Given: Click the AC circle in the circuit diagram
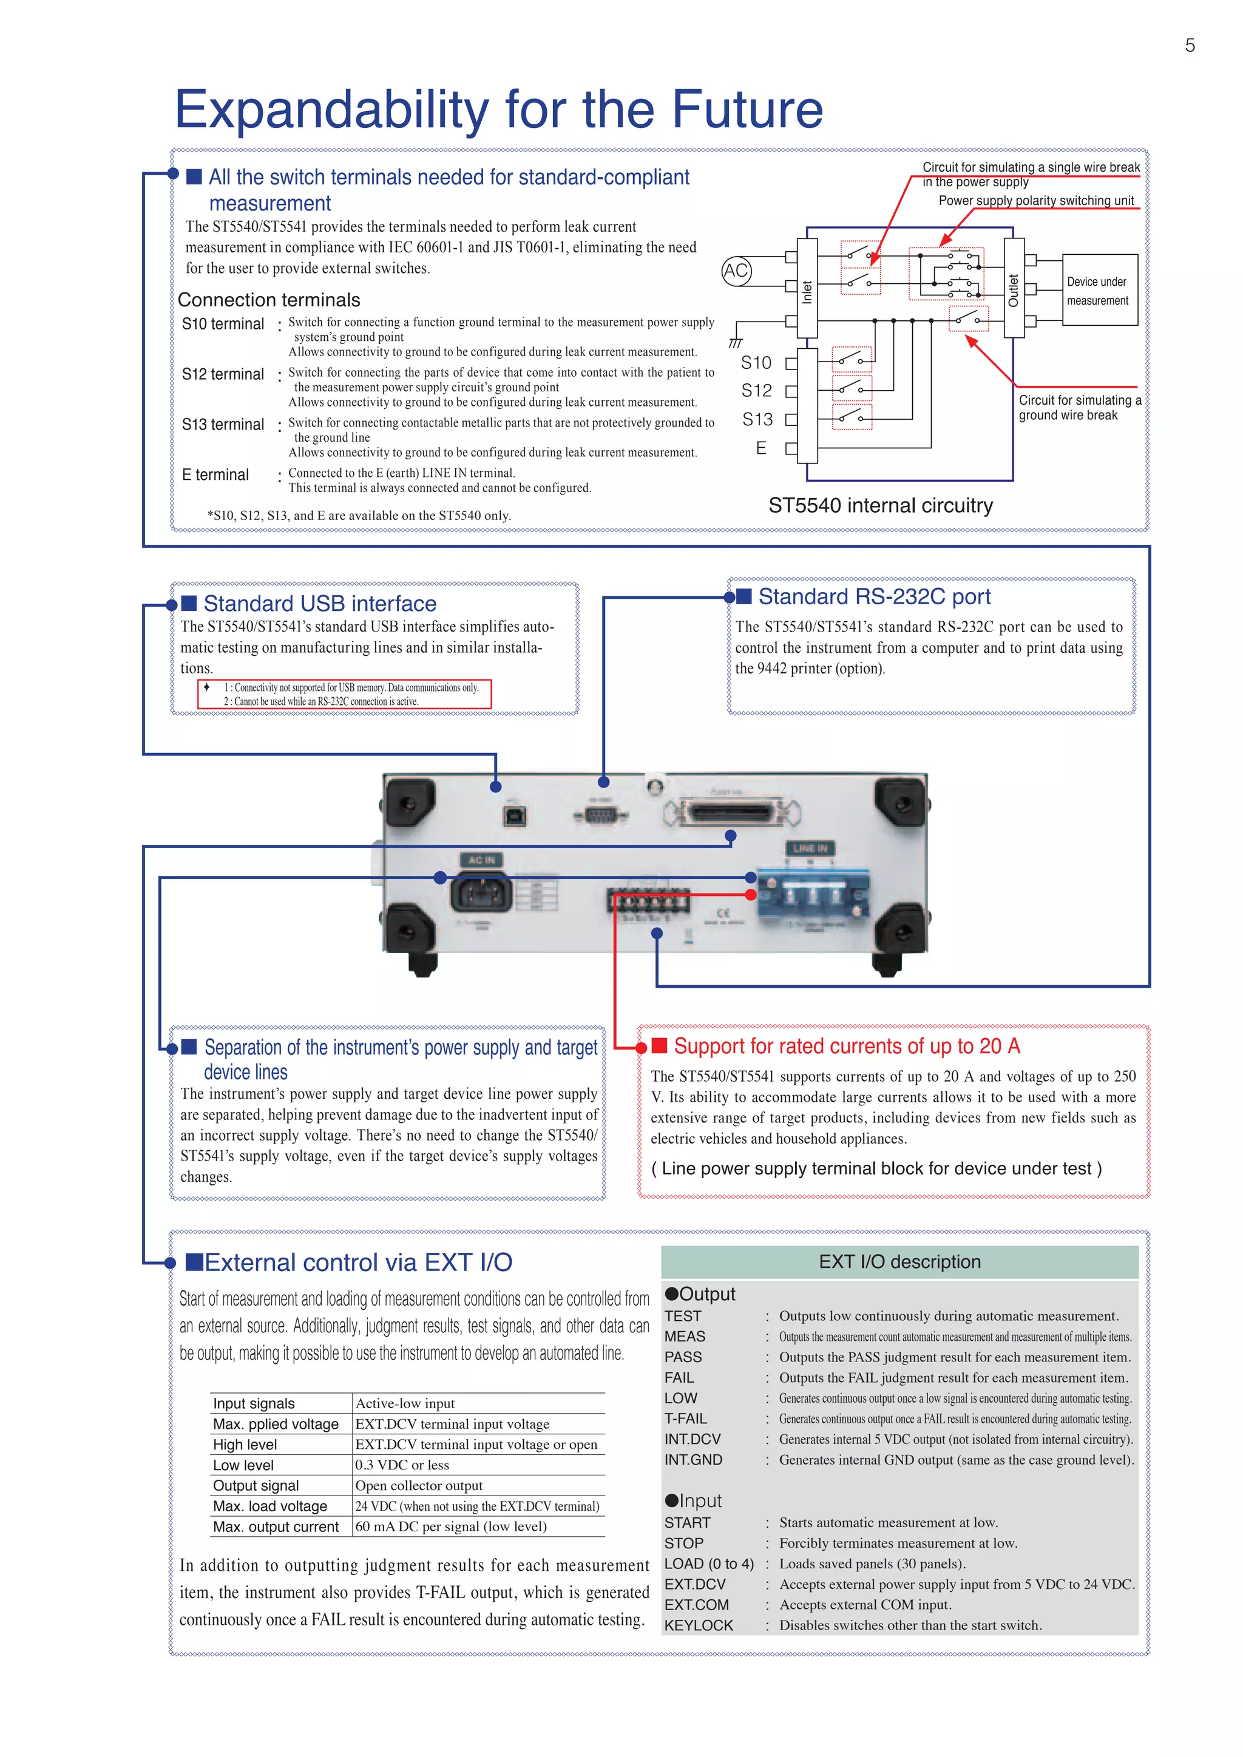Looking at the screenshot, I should coord(736,271).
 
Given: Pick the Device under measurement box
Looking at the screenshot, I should coord(1099,291).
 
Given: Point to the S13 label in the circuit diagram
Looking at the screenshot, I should coord(757,419).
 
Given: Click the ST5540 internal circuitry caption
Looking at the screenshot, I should coord(880,506).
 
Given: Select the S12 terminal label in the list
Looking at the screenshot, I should coord(223,374).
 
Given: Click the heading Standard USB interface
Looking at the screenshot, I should coord(319,604).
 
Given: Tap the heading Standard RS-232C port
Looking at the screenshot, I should coord(874,597).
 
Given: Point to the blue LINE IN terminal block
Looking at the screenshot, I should coord(813,893).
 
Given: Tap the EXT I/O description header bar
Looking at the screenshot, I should coord(899,1262).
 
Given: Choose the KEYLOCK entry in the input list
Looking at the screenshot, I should coord(698,1625).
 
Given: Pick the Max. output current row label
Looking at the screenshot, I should coord(276,1526).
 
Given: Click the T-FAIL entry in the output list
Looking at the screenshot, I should coord(685,1418).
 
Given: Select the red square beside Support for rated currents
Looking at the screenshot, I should coord(659,1045).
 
